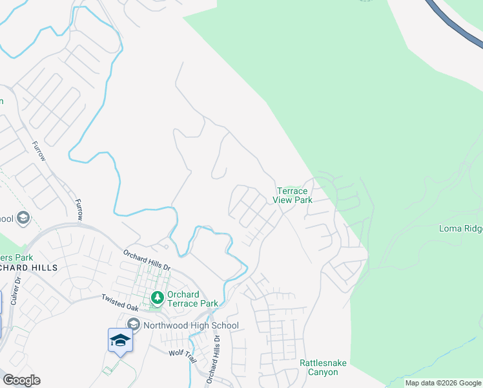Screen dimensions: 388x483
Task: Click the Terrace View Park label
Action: [294, 195]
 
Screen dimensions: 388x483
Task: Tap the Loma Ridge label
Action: [460, 228]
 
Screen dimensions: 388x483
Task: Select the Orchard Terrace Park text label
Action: [192, 299]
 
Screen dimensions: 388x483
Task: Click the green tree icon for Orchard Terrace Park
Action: [157, 297]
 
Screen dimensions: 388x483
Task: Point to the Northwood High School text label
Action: [191, 325]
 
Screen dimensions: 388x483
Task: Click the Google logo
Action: [21, 380]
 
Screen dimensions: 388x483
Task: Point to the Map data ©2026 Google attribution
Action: [443, 383]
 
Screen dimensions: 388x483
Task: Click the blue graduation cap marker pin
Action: [120, 340]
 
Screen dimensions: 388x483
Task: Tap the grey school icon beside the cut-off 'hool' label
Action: [24, 218]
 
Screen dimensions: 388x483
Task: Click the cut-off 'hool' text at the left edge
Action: [6, 218]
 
